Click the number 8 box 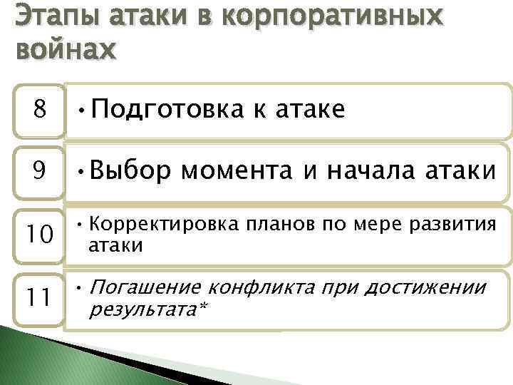click(41, 111)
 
